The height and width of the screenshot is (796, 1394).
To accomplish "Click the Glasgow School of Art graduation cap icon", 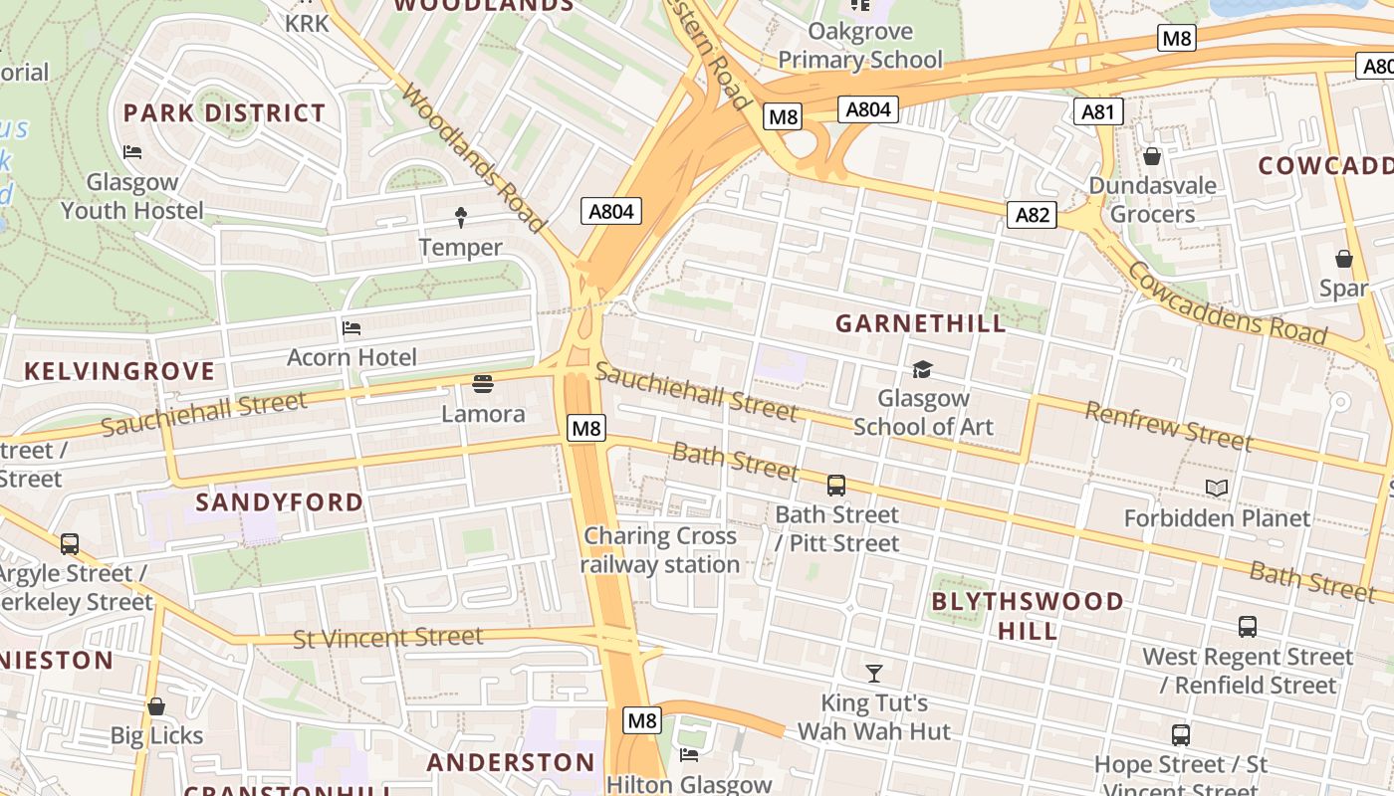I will click(922, 369).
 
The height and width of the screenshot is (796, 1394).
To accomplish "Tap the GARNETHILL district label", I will click(921, 323).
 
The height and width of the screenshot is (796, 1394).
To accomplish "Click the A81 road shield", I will click(1098, 111).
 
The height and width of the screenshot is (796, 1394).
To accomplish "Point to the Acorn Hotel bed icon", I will click(351, 327).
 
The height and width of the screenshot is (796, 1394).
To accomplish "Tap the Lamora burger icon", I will click(483, 384).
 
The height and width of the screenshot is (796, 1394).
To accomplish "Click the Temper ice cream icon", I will click(461, 216).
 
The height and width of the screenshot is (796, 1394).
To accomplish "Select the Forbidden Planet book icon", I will click(1217, 488).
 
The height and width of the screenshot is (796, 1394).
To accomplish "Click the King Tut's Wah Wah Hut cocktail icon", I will click(874, 673).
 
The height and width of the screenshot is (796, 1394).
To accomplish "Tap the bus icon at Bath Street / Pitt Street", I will click(836, 485).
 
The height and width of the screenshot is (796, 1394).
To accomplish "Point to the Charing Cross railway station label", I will click(660, 550).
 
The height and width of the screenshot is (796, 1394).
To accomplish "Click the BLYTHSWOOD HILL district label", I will click(1029, 616).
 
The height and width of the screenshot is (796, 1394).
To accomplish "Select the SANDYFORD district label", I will click(280, 501).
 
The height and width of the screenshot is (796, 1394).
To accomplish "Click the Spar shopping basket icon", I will click(1344, 259).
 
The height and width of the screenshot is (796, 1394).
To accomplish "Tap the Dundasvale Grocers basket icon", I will click(1152, 156).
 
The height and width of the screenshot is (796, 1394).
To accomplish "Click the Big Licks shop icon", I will click(156, 706).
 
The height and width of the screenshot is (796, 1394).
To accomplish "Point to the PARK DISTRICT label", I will click(224, 113).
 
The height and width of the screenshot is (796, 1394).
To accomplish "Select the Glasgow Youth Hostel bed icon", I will click(132, 151).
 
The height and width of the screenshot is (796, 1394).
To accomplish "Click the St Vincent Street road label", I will click(388, 638).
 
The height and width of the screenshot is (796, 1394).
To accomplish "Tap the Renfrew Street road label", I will click(1168, 426).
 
